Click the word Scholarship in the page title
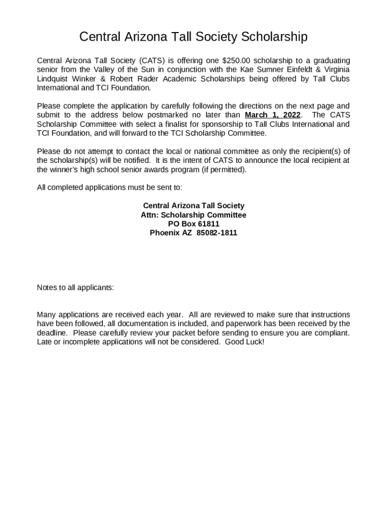point(274,37)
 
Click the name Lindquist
point(53,79)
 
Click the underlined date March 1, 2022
point(273,115)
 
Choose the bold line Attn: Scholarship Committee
point(193,215)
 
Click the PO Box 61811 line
point(193,224)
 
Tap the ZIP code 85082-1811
point(216,233)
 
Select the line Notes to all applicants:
point(75,287)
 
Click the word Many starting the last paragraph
point(47,314)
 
